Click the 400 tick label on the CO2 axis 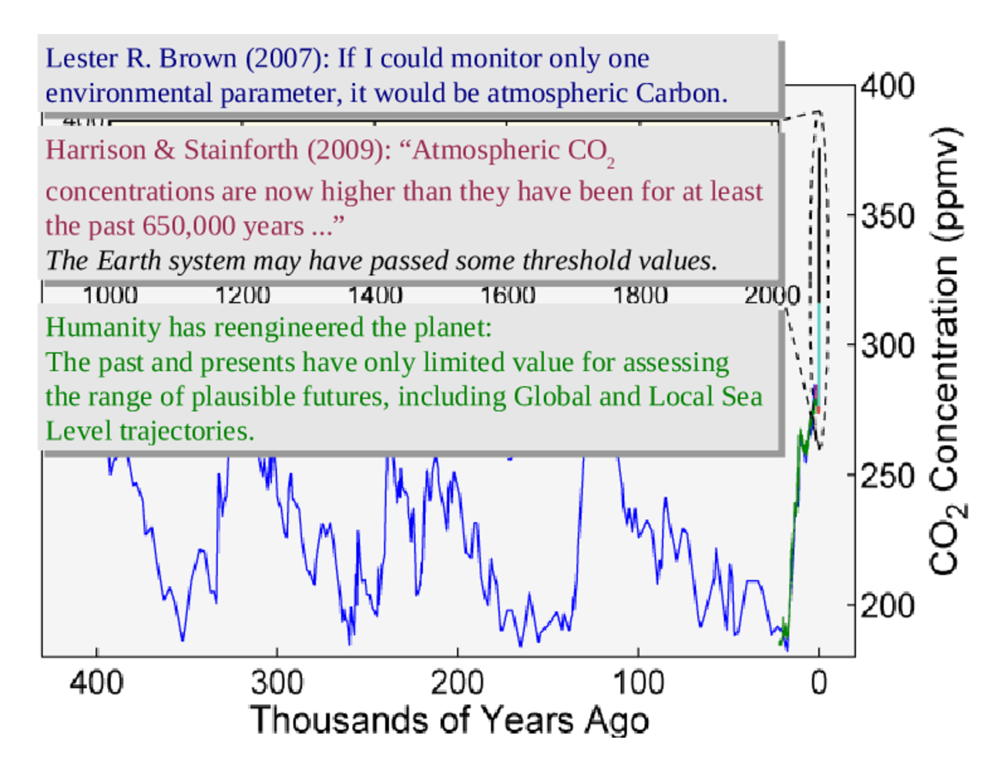coord(888,85)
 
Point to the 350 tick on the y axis coord(888,216)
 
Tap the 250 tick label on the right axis coord(888,476)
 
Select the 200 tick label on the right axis coord(888,606)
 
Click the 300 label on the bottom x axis coord(277,682)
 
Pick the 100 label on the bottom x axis coord(638,682)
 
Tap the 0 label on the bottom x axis coord(818,682)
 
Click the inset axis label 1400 coord(374,295)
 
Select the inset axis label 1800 coord(639,295)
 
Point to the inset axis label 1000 coord(109,295)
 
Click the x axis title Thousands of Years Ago coord(449,721)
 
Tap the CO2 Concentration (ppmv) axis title coord(946,350)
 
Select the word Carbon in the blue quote coord(681,93)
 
